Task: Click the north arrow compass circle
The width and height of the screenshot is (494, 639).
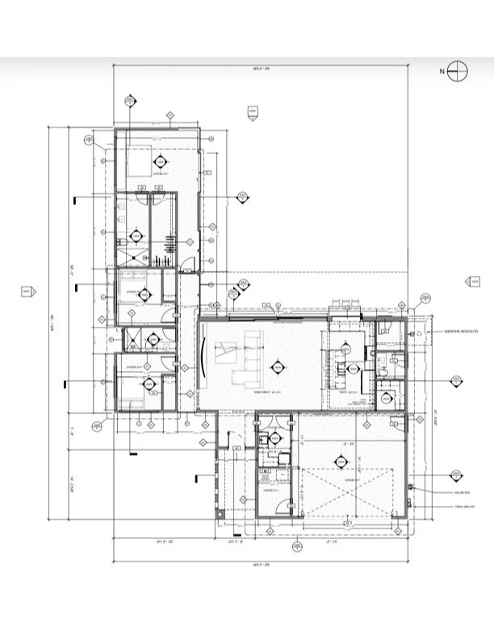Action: tap(458, 72)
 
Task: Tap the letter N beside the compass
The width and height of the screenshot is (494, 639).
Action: tap(442, 72)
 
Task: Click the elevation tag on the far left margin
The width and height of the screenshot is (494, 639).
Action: tap(26, 290)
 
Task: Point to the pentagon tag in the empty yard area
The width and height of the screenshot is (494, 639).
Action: tap(253, 111)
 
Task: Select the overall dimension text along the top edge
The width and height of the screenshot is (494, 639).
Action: tap(258, 70)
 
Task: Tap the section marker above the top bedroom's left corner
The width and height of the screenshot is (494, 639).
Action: tap(130, 102)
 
